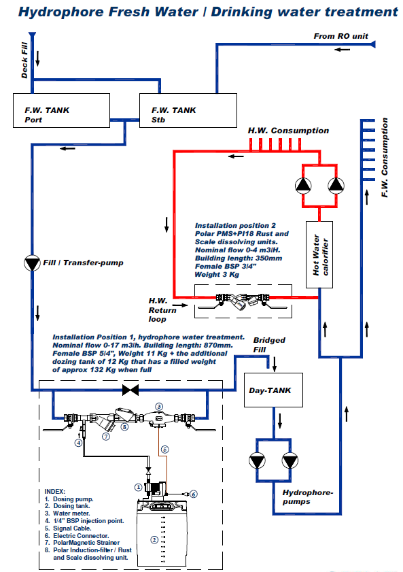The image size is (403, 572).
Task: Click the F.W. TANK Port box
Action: (x=61, y=111)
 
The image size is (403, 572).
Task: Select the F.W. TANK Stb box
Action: (x=188, y=111)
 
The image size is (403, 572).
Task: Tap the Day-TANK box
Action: (x=273, y=390)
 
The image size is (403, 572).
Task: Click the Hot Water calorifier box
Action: (x=319, y=254)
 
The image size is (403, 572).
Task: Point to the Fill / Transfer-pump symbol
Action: (x=32, y=263)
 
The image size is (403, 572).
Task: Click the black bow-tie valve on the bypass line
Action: (x=130, y=390)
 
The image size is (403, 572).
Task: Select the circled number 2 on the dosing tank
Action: (x=154, y=539)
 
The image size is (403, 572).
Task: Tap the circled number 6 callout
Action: (x=194, y=494)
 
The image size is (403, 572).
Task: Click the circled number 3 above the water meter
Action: (x=159, y=406)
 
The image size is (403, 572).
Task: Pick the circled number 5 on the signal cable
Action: (x=164, y=450)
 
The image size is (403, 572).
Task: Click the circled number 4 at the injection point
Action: (x=78, y=443)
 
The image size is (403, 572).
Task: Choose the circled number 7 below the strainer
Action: (x=106, y=436)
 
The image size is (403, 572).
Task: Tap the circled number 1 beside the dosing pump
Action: (x=138, y=487)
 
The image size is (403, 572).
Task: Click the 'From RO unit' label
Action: (x=340, y=36)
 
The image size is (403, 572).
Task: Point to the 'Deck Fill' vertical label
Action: (x=24, y=60)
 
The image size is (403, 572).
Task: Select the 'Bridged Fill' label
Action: (x=269, y=345)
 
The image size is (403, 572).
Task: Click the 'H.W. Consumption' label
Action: (x=288, y=131)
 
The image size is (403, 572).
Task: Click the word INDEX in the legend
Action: (x=54, y=491)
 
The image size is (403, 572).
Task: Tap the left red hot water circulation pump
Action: (x=303, y=186)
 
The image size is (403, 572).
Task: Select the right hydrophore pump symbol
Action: (x=290, y=460)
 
